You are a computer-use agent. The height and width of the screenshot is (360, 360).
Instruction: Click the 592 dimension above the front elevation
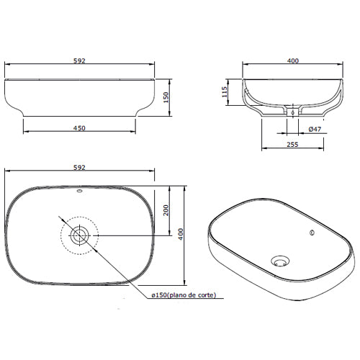coord(79,61)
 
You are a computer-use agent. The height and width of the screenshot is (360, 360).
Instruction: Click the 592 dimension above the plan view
coord(79,168)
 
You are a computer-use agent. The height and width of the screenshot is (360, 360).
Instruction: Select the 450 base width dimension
coord(79,128)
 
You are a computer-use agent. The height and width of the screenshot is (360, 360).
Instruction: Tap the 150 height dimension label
coord(166,97)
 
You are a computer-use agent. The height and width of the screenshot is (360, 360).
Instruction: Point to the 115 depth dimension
coord(225,92)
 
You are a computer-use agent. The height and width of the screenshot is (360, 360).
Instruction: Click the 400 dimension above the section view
coord(293,61)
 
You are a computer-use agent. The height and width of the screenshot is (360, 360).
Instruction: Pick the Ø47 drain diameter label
coord(315,129)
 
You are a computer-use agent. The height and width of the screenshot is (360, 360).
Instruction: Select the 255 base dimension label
coord(292,145)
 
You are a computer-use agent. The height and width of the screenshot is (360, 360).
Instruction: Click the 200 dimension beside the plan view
coord(166,210)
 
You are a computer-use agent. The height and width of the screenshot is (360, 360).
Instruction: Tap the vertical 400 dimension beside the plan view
coord(181,234)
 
